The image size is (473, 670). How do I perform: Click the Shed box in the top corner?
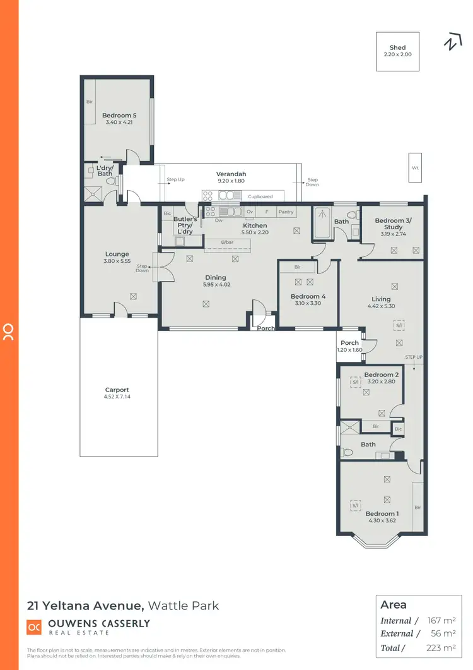tap(397, 51)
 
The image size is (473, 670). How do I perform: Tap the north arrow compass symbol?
tap(451, 43)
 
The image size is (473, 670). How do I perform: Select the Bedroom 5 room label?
tap(119, 116)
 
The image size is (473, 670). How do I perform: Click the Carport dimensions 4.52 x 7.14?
tap(117, 397)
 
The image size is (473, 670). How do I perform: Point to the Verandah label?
tap(231, 174)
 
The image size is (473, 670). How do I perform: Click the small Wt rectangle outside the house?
tap(415, 168)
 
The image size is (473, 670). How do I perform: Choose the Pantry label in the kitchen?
tap(286, 212)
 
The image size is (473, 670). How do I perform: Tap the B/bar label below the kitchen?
tap(228, 242)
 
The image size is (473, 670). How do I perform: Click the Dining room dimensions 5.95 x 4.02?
tap(216, 285)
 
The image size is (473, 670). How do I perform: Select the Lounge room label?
tap(117, 254)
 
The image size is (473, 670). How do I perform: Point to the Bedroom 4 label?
tap(308, 296)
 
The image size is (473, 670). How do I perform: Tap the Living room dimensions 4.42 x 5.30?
tap(381, 306)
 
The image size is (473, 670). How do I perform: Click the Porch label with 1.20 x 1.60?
tap(349, 343)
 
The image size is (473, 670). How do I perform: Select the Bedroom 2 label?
tap(381, 374)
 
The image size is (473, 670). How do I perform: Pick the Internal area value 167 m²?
tap(441, 621)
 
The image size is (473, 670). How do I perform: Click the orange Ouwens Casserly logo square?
tap(34, 627)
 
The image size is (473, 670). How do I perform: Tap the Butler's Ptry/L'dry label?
tap(186, 225)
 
